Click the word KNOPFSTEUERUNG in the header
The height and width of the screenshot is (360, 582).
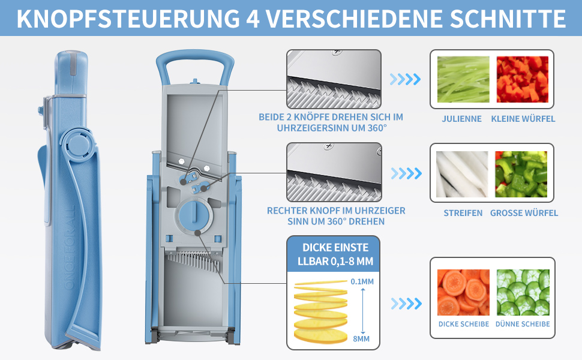(128, 19)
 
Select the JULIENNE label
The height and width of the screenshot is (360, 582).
(461, 119)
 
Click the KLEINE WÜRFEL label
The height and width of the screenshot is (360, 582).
(523, 119)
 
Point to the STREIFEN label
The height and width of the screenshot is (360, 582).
(463, 213)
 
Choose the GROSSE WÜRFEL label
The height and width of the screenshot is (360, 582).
(524, 213)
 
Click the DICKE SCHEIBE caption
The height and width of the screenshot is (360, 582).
(464, 324)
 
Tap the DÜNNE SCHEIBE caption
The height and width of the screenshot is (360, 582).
(523, 324)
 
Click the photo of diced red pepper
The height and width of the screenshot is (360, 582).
(522, 79)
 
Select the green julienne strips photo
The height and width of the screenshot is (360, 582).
(463, 79)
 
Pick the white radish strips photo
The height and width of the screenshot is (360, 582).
(462, 174)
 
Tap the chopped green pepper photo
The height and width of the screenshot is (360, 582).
(521, 174)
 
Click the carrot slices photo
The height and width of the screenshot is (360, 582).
(463, 292)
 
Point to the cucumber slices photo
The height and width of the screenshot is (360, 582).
(523, 292)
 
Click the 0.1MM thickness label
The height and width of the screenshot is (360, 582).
(362, 281)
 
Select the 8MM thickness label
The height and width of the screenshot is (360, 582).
(361, 339)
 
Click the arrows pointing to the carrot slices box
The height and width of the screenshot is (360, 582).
(406, 304)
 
